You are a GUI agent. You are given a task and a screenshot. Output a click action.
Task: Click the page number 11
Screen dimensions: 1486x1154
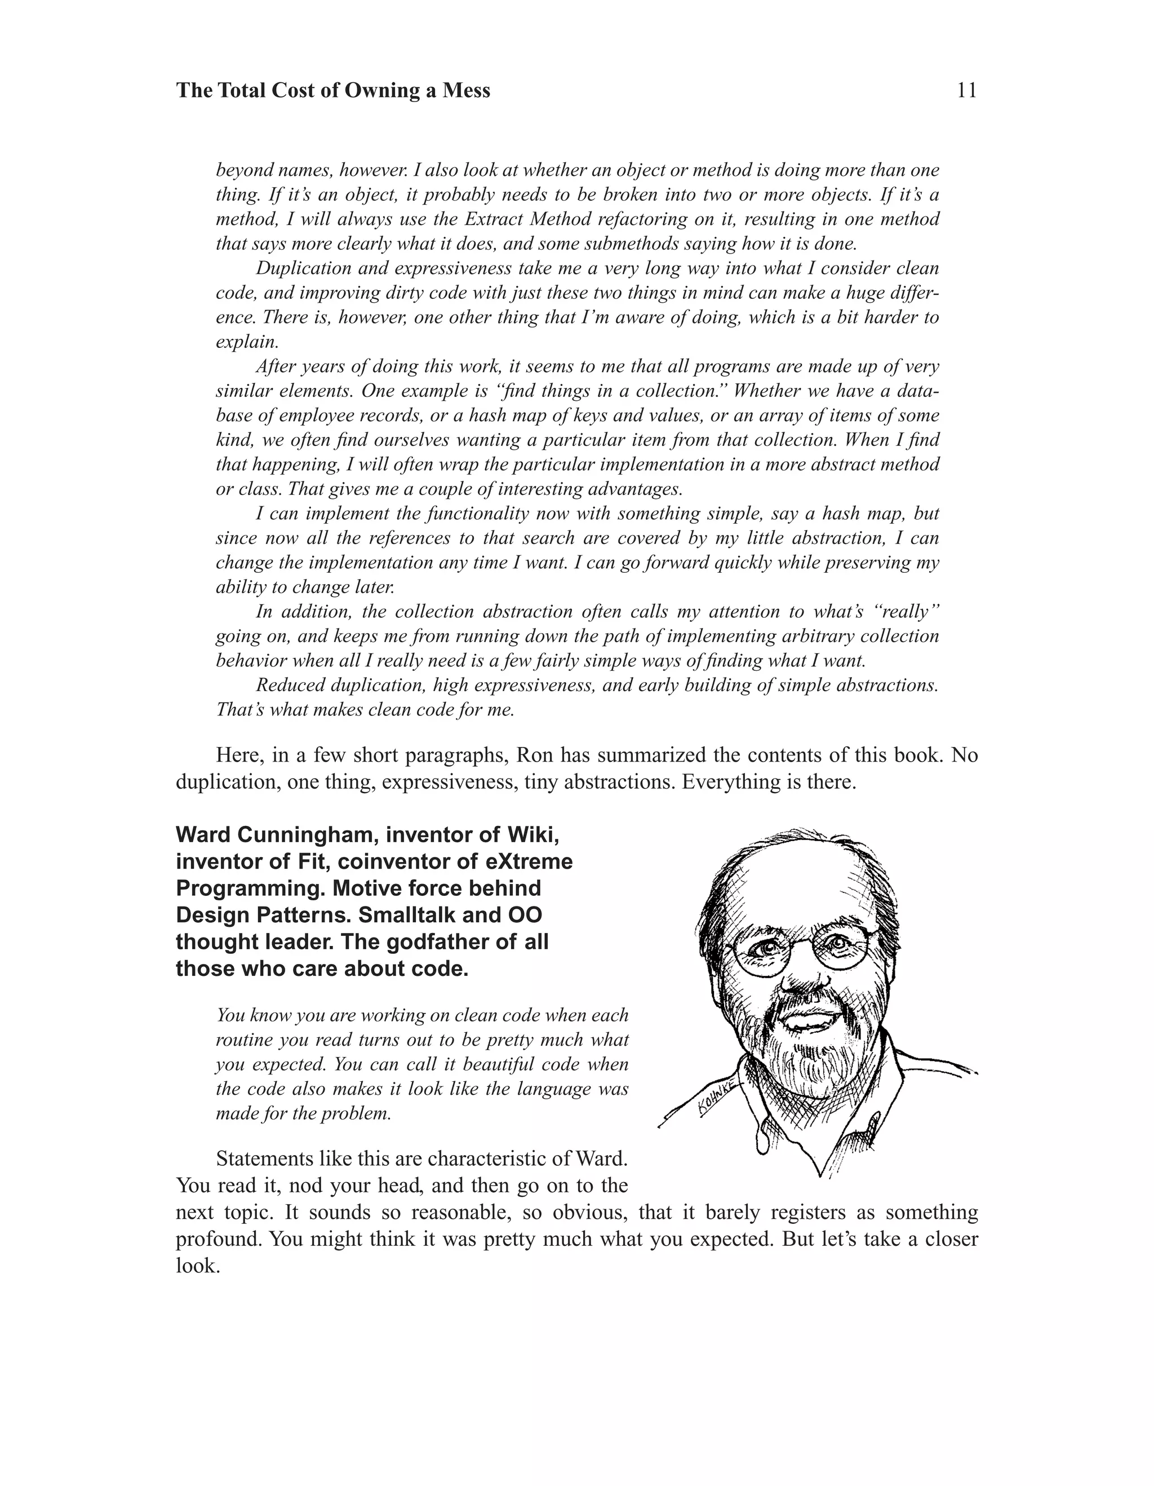coord(966,91)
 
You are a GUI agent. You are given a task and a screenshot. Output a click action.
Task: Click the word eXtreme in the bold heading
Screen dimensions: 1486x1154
coord(530,861)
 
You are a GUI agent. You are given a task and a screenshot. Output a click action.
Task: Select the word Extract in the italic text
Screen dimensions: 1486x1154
coord(494,219)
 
